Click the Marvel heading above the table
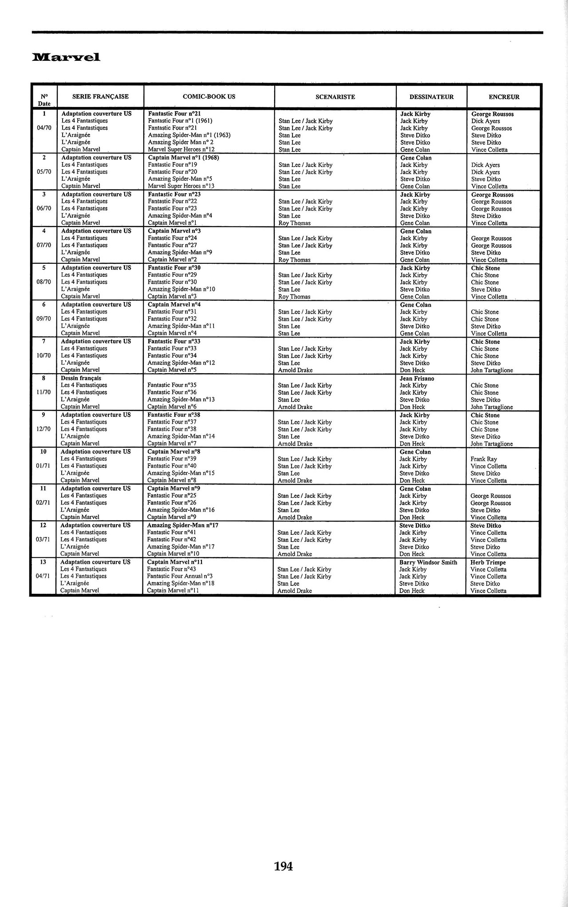coord(66,57)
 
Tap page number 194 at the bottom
coord(284,866)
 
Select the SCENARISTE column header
coord(335,97)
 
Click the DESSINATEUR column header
coord(431,97)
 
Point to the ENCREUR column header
coord(504,97)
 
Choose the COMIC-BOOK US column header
coord(209,97)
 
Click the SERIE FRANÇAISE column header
coord(100,97)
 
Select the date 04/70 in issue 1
coord(44,128)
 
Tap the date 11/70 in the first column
coord(43,393)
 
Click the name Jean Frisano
coord(417,378)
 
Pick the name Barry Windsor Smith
coord(428,562)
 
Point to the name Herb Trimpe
coord(488,562)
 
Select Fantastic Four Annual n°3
coord(180,576)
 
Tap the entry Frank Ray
coord(484,459)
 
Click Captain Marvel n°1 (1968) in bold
coord(183,158)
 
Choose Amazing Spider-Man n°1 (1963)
coord(189,135)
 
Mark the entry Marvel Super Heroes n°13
coord(181,186)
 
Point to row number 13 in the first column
coord(43,562)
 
